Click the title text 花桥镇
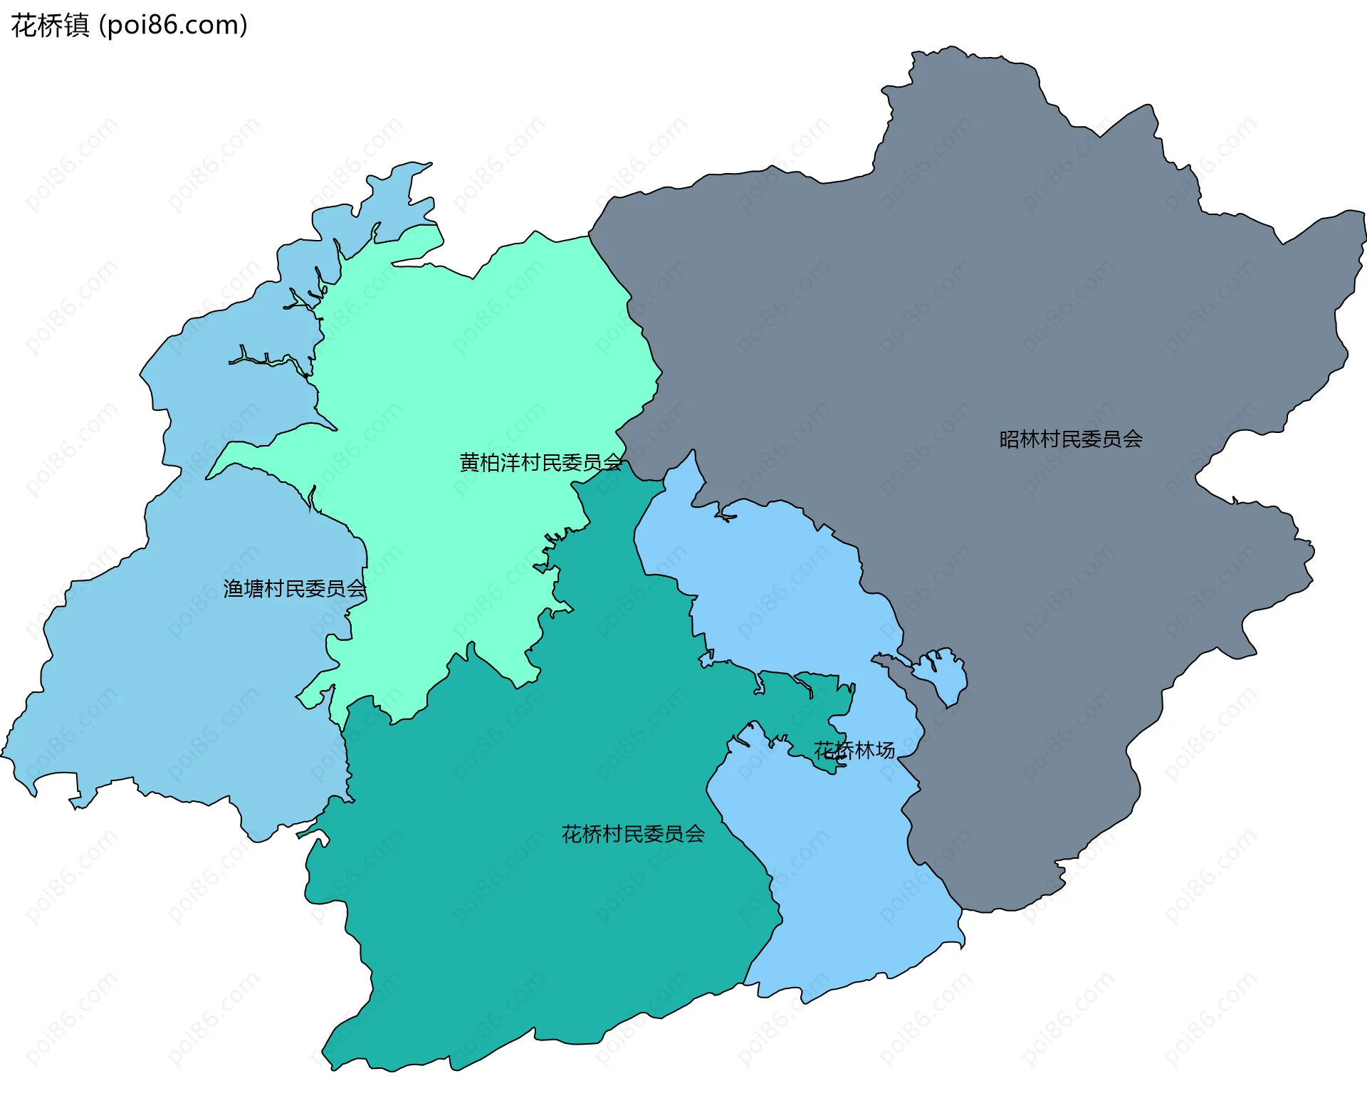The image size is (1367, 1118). (50, 26)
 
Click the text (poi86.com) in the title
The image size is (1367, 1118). (173, 26)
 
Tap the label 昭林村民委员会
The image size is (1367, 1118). (1070, 439)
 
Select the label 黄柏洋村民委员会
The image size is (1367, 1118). (540, 463)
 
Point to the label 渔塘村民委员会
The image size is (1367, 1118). (294, 589)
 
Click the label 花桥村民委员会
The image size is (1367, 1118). (633, 834)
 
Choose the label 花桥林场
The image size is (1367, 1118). (854, 751)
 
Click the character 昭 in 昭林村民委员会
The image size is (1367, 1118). (1010, 439)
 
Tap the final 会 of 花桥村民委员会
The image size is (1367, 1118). (695, 834)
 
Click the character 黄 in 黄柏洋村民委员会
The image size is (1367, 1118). (470, 463)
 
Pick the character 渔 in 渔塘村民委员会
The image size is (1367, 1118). (234, 589)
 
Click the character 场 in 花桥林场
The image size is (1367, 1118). (885, 751)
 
